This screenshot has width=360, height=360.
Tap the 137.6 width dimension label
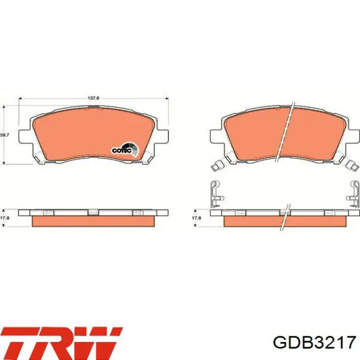93,98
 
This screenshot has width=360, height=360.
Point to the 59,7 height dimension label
4,135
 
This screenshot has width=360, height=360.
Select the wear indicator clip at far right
353,165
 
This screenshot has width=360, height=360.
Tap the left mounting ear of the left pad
25,136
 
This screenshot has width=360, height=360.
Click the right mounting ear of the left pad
163,136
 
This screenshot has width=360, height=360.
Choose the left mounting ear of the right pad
217,136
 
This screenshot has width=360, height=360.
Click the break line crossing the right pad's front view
289,131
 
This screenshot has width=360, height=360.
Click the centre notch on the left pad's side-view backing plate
93,212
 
